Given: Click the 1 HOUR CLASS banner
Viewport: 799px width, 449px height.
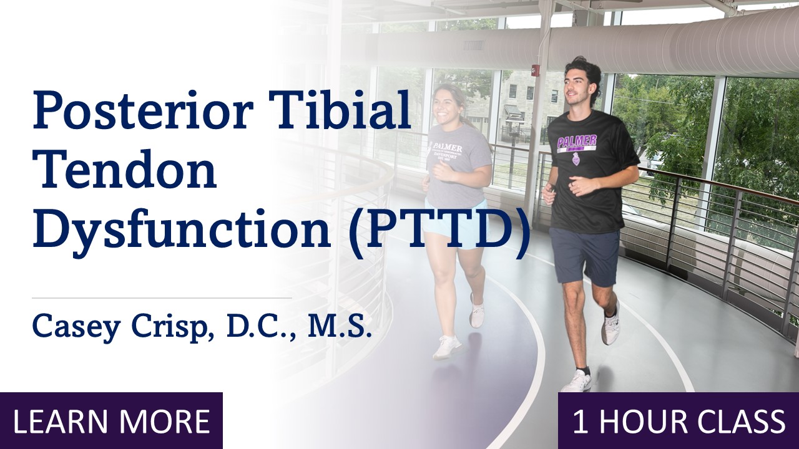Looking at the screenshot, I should pos(679,421).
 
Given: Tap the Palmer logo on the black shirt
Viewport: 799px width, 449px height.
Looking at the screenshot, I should pos(577,144).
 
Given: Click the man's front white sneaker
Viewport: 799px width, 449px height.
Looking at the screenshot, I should pos(576,380).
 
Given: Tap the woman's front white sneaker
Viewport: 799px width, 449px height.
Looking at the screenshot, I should pos(447,347).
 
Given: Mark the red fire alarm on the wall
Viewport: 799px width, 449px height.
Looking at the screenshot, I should pos(534,69).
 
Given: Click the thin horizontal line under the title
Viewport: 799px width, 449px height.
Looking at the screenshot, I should pos(162,298).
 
